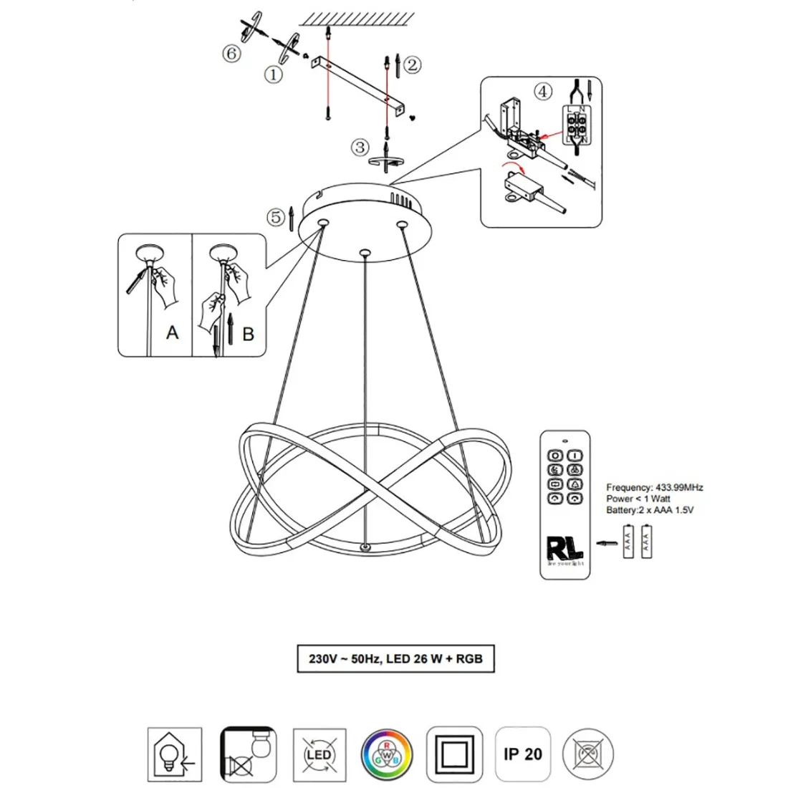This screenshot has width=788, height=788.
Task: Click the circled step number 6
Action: click(x=230, y=54)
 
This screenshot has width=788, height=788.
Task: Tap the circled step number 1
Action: click(x=273, y=73)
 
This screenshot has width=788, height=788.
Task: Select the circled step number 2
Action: click(x=412, y=65)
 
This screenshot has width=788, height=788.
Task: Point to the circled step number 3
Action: click(x=359, y=148)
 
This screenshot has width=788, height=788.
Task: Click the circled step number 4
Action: click(x=544, y=92)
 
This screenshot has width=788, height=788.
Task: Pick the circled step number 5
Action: click(x=274, y=216)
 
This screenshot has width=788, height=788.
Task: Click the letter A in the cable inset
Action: click(x=172, y=332)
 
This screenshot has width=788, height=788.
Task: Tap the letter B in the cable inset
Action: click(x=248, y=334)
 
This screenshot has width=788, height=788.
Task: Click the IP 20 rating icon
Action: click(x=523, y=754)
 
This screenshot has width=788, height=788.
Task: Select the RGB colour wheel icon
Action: click(x=387, y=754)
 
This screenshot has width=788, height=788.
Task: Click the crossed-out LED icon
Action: click(x=319, y=754)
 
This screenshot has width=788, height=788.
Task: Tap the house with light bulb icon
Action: click(x=174, y=754)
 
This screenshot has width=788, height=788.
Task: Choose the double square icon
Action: click(x=455, y=754)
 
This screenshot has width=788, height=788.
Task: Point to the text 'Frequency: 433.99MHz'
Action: click(x=654, y=487)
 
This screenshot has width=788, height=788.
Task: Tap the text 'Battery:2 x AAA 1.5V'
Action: click(x=650, y=510)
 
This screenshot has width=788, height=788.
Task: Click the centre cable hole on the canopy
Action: click(x=365, y=252)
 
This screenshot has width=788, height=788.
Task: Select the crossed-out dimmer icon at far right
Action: click(x=589, y=754)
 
